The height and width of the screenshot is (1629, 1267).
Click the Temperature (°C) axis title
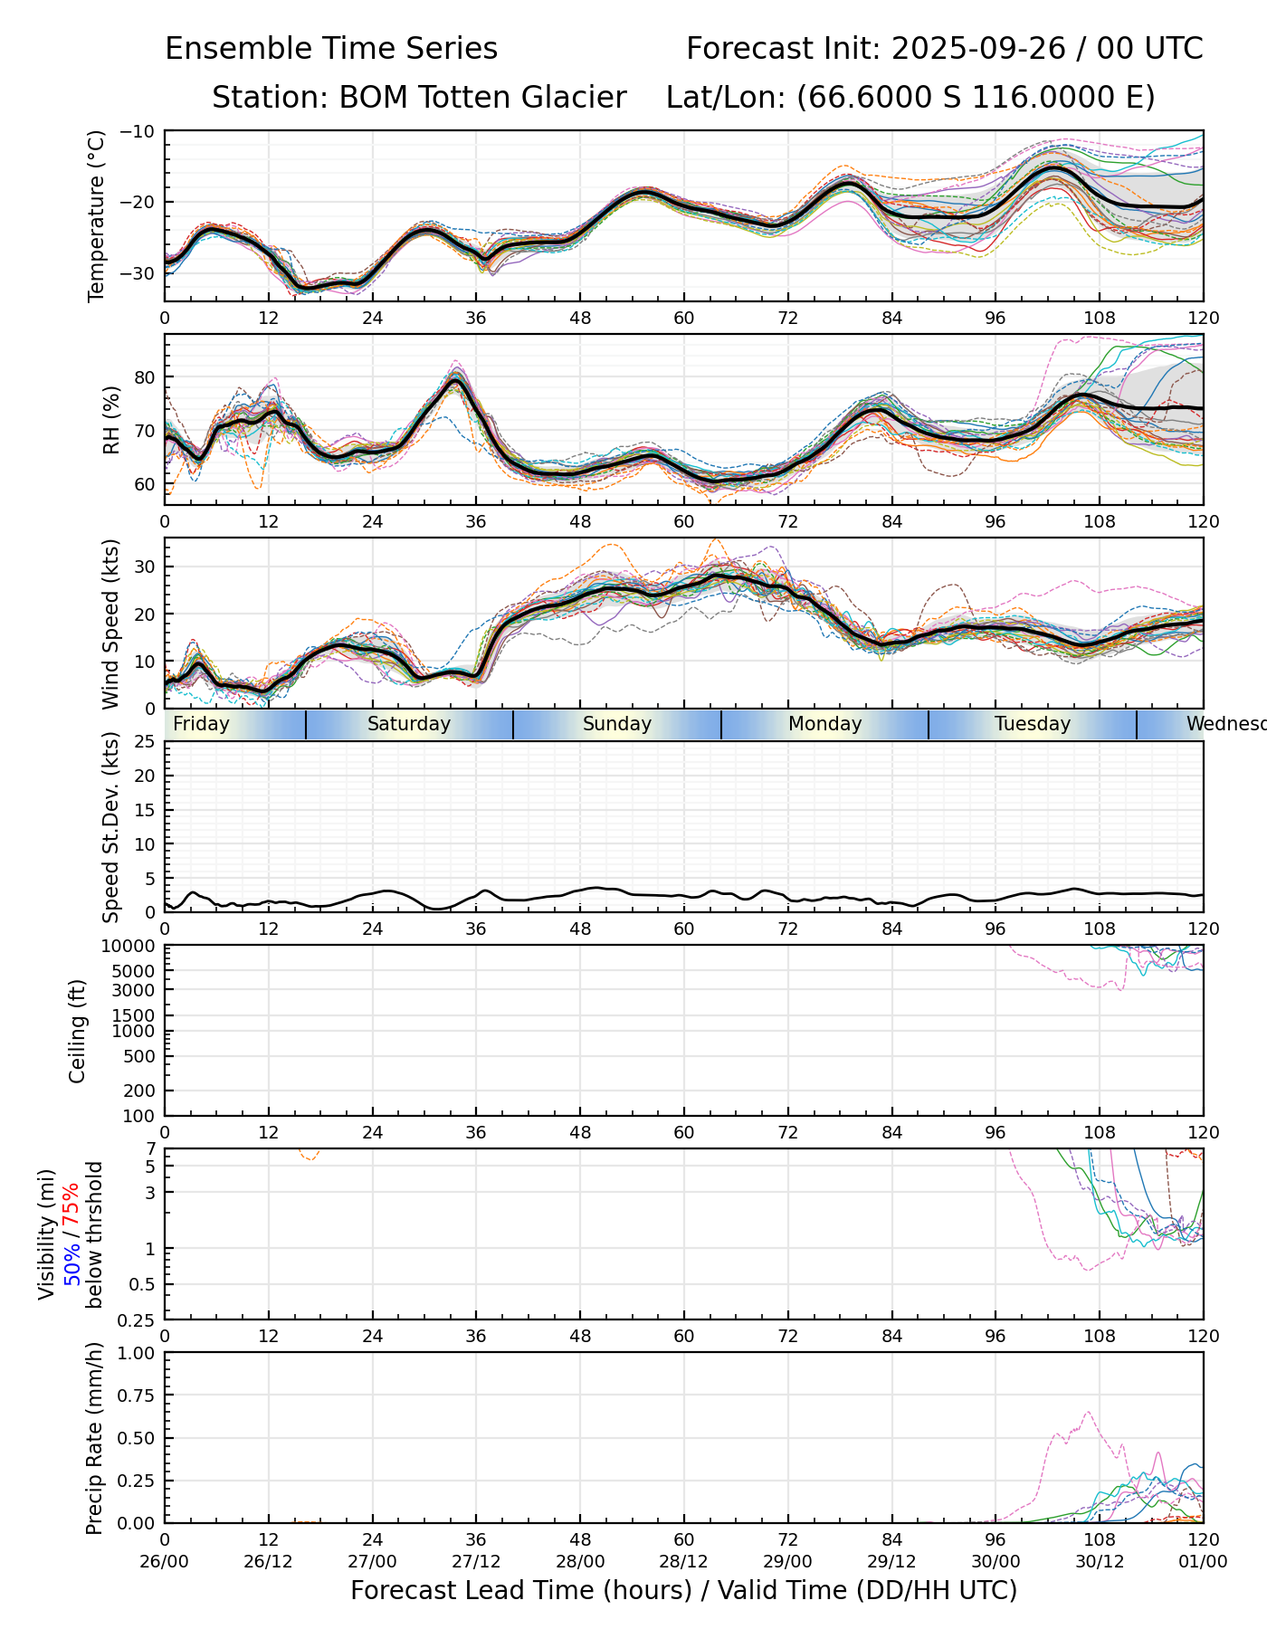97,215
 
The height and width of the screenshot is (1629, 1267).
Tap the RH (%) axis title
111,419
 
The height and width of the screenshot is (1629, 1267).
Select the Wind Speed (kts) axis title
110,624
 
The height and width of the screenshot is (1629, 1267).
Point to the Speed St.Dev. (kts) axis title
110,827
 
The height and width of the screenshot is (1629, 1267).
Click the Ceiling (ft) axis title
78,1031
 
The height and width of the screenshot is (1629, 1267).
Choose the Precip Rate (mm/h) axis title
94,1438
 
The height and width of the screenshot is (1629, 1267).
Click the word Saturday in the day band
409,724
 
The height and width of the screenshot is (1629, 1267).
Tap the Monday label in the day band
824,724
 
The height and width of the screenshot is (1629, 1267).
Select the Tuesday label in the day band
1033,724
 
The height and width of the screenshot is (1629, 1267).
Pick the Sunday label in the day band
617,724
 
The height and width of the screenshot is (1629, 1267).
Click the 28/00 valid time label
580,1561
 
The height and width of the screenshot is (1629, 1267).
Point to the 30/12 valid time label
1100,1561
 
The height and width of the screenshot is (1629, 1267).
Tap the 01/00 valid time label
1203,1561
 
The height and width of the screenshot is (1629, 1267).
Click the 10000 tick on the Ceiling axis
132,947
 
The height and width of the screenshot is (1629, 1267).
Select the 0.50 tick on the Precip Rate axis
137,1438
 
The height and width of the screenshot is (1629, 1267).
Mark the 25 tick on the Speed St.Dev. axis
144,742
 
